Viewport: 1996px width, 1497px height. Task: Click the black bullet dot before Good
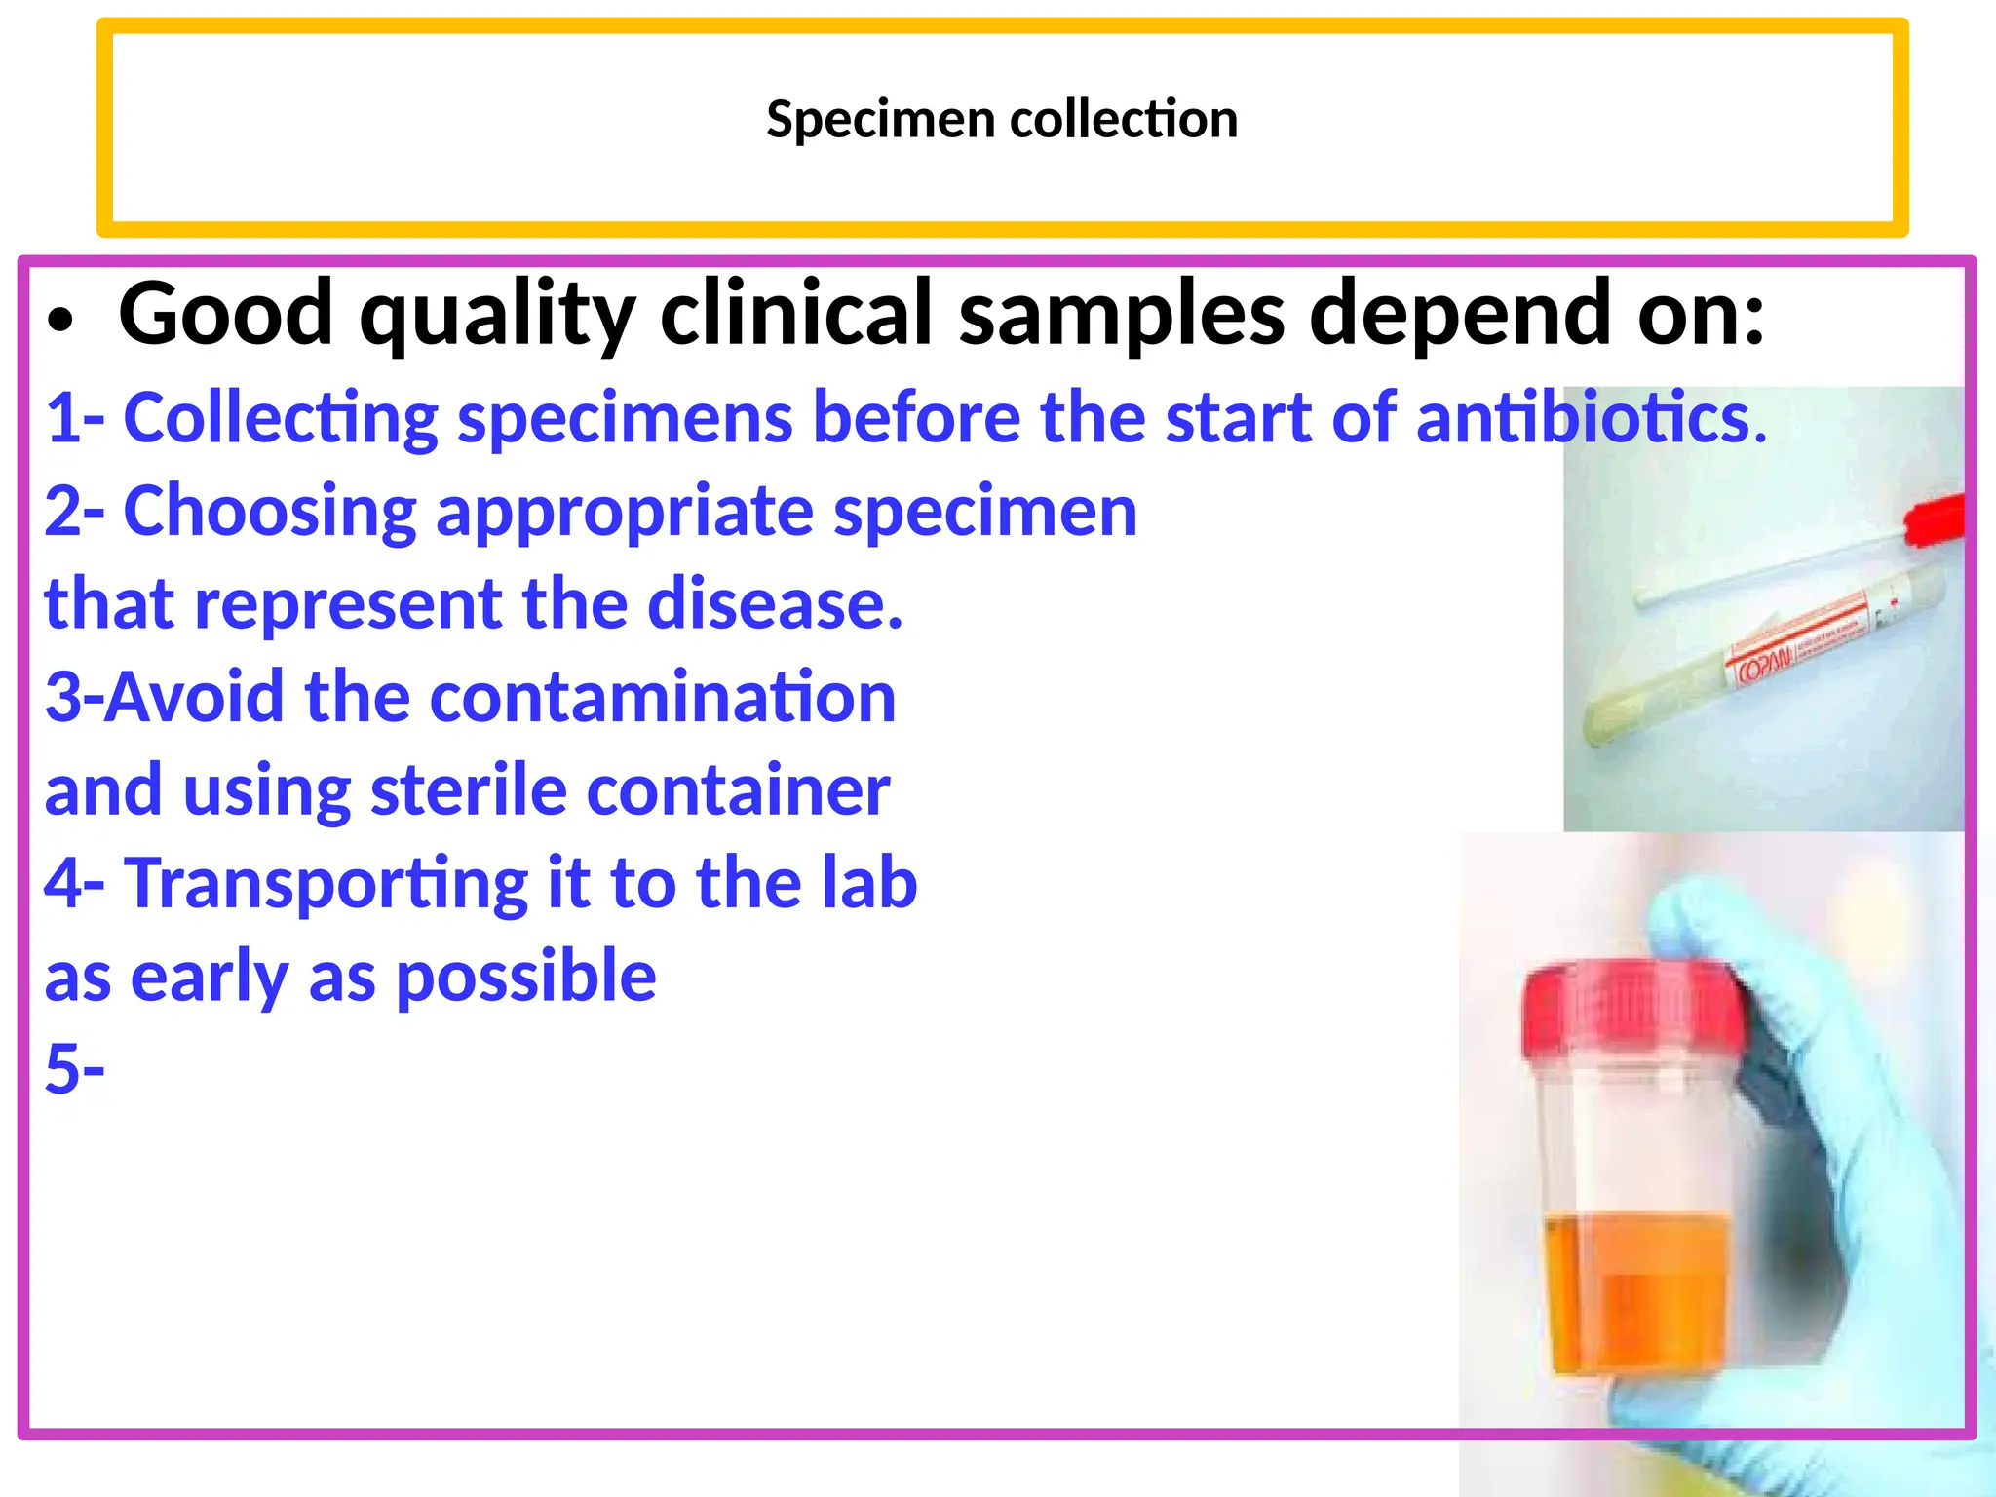click(60, 322)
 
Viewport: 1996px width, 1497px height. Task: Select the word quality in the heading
click(497, 314)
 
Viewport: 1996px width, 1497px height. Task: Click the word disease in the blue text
click(775, 604)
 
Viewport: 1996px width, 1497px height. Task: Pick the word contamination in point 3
click(663, 698)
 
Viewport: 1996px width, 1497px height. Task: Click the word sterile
click(468, 789)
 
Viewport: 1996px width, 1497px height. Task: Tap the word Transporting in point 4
click(326, 884)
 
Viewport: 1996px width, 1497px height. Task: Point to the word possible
click(526, 977)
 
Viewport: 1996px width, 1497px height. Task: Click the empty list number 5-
click(74, 1068)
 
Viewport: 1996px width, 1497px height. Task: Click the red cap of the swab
click(1935, 519)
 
